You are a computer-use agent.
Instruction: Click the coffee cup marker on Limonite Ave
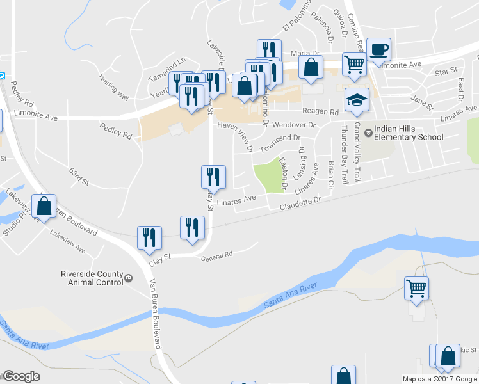378,49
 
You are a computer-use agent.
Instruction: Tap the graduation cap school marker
357,100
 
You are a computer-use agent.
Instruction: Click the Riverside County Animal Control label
91,277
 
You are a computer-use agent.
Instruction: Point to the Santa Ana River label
290,297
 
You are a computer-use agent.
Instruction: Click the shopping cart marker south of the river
417,289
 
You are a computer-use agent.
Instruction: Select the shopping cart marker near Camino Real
354,64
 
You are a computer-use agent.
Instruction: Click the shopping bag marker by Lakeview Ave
44,207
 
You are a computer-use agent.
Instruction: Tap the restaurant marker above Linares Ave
213,177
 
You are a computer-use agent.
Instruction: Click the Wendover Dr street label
294,125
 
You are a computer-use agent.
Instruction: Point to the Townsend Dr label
279,138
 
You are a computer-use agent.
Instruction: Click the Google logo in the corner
20,376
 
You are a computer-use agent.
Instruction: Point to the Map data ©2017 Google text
439,379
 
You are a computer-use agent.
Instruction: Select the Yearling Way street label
114,86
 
